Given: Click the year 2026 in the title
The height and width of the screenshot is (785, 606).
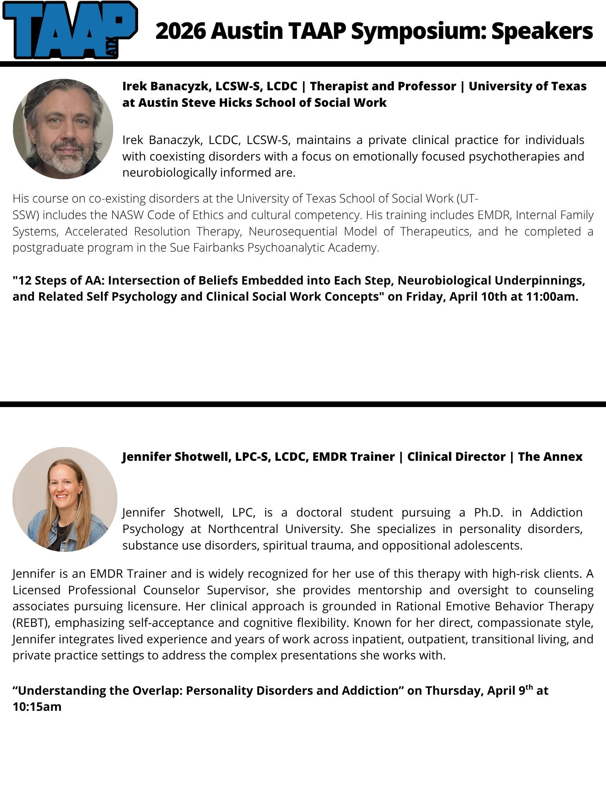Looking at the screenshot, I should point(180,31).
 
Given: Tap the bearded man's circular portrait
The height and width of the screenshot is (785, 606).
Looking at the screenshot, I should point(63,129).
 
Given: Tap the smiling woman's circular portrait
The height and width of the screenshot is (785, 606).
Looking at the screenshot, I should point(65,499).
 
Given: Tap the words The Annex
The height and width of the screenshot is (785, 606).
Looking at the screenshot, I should point(550,457).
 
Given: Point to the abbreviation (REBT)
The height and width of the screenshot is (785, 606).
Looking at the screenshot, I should point(29,623).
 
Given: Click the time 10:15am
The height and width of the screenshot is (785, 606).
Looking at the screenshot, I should point(37,706).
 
